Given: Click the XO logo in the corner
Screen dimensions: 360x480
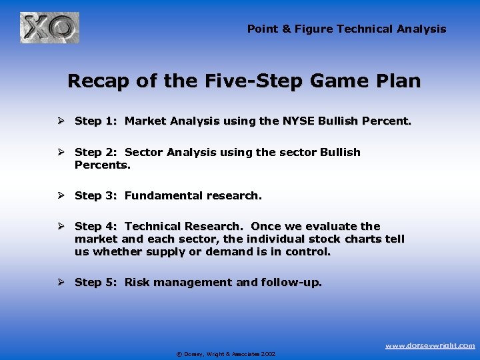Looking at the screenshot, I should tap(49, 28).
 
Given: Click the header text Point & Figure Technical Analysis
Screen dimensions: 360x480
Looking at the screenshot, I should tap(347, 29).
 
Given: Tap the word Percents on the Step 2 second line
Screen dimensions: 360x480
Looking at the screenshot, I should tap(101, 165).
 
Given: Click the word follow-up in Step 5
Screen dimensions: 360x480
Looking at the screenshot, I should tap(291, 282).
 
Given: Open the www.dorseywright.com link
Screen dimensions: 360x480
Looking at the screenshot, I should tap(430, 345).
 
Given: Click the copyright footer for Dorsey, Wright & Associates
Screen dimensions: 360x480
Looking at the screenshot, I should tap(225, 354).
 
